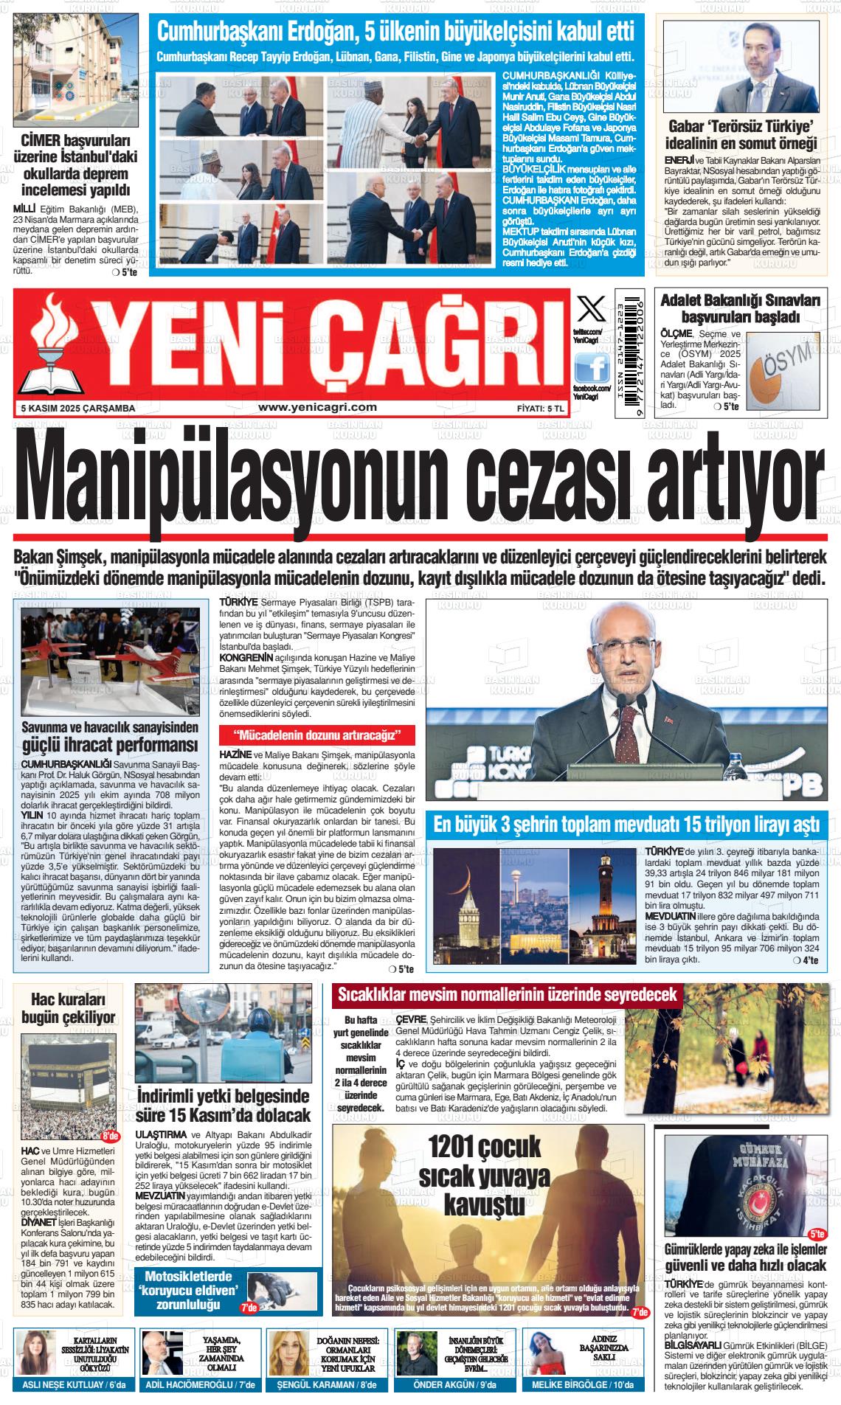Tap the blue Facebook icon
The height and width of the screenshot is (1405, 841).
[x=592, y=367]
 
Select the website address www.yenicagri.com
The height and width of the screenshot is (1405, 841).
[x=318, y=406]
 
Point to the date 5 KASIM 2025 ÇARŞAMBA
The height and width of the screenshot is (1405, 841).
[x=77, y=408]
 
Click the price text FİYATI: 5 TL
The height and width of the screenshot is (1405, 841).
[x=540, y=408]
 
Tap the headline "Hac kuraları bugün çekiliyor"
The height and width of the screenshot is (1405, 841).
[x=69, y=1008]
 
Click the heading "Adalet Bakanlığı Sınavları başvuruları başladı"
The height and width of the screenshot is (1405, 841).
[x=740, y=309]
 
